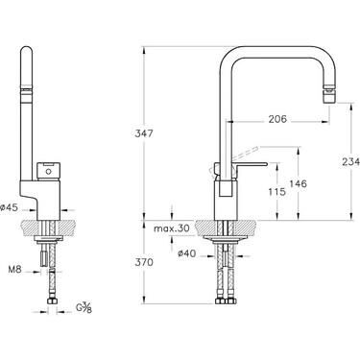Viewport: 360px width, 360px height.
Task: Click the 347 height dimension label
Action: tap(144, 133)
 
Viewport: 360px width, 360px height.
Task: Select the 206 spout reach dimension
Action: tap(277, 119)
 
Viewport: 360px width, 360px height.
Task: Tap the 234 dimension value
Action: tap(350, 162)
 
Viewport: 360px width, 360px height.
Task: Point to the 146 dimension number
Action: tap(298, 183)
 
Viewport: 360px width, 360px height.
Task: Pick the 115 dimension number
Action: tap(276, 192)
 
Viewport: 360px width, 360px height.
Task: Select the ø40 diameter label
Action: tap(186, 253)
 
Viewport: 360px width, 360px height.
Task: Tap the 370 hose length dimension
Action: tap(144, 262)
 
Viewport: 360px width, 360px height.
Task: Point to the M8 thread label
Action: tap(15, 269)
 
